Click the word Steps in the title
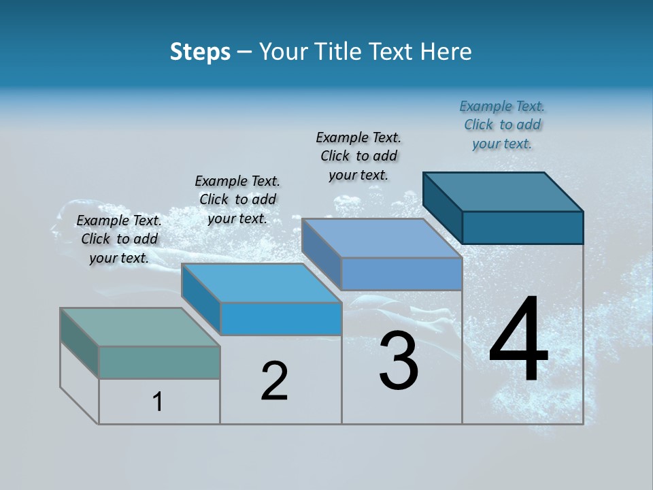click(x=200, y=52)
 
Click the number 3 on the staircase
click(x=399, y=361)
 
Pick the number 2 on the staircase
click(x=275, y=381)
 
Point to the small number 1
click(x=158, y=402)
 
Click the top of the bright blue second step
click(x=261, y=283)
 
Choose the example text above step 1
click(x=119, y=239)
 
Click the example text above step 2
click(x=237, y=199)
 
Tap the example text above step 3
click(x=358, y=156)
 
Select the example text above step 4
click(x=502, y=125)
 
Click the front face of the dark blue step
click(x=522, y=227)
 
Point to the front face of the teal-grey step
click(x=159, y=362)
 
